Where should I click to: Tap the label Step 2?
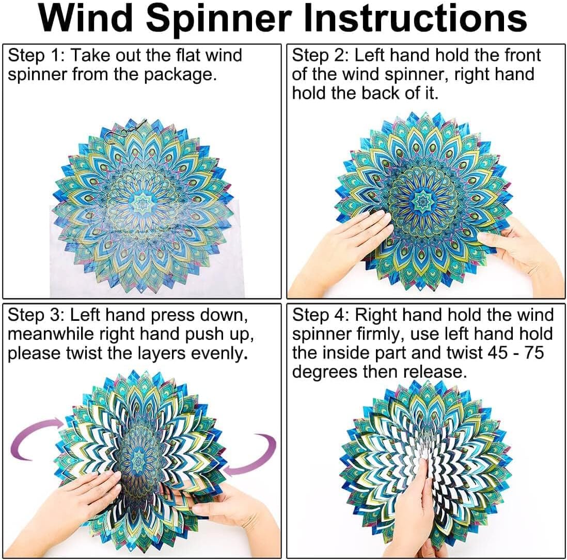pos(320,55)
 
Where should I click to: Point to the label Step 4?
pos(320,315)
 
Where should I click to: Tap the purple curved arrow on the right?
pos(253,455)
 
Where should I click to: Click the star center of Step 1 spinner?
pos(141,203)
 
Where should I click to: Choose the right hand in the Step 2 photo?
pos(522,253)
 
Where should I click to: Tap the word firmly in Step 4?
pos(380,334)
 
